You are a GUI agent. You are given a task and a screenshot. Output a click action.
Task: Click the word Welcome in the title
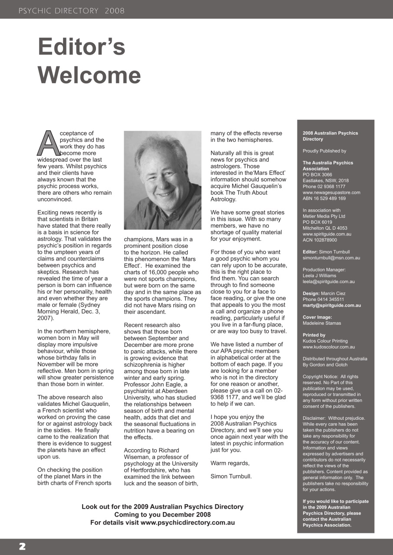tap(89, 75)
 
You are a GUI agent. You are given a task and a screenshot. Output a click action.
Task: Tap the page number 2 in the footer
tap(22, 547)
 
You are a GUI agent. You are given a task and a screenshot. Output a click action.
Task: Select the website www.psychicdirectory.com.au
tap(188, 522)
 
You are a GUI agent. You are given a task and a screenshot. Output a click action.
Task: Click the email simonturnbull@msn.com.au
tap(330, 258)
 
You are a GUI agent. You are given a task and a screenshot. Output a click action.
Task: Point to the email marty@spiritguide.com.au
tap(331, 305)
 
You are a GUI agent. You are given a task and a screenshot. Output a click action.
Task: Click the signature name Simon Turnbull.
tap(231, 476)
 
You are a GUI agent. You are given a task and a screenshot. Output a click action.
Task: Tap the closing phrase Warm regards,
tap(230, 463)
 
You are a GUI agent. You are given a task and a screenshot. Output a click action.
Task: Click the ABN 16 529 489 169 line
tap(324, 199)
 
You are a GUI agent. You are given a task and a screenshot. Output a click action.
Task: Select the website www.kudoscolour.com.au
tap(329, 347)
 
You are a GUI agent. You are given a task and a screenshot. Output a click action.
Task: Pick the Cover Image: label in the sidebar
tap(317, 317)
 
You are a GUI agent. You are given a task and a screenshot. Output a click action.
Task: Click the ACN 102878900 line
tap(320, 240)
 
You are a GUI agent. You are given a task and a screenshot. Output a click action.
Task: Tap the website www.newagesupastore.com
tap(331, 193)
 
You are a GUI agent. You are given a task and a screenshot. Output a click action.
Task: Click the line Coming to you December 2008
tap(162, 515)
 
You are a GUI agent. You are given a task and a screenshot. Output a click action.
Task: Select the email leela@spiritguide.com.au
tap(329, 281)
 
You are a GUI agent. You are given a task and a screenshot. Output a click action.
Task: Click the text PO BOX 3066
tap(317, 175)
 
